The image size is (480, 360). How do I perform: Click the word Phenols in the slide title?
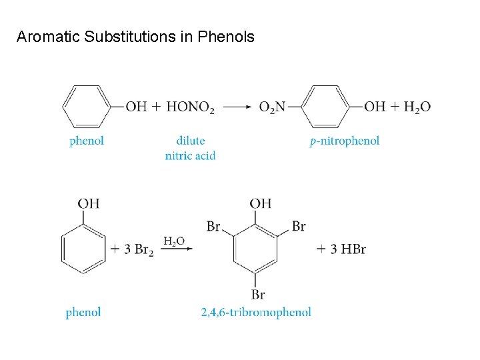coord(226,37)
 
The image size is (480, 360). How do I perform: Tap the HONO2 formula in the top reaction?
coord(190,107)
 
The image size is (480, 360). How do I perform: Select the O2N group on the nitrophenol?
coord(272,107)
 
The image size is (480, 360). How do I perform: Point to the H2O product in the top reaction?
coord(417,107)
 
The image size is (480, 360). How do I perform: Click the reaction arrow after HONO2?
coord(237,107)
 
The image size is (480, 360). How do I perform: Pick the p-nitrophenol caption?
coord(345,141)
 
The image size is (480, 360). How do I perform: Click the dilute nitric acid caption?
coord(190,148)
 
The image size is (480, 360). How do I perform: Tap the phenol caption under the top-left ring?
coord(87,141)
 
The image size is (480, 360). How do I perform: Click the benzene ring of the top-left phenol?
coord(87,106)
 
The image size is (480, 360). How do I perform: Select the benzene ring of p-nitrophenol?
coord(325,106)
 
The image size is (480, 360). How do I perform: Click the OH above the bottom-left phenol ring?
coord(88,203)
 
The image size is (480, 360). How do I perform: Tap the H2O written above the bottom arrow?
coord(174,241)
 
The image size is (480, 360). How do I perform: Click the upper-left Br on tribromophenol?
coord(213,227)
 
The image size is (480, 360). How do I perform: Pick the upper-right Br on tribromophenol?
coord(299,227)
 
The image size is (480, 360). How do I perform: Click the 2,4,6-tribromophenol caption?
coord(256,312)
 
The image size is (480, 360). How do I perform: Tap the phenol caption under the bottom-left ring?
coord(83,312)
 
